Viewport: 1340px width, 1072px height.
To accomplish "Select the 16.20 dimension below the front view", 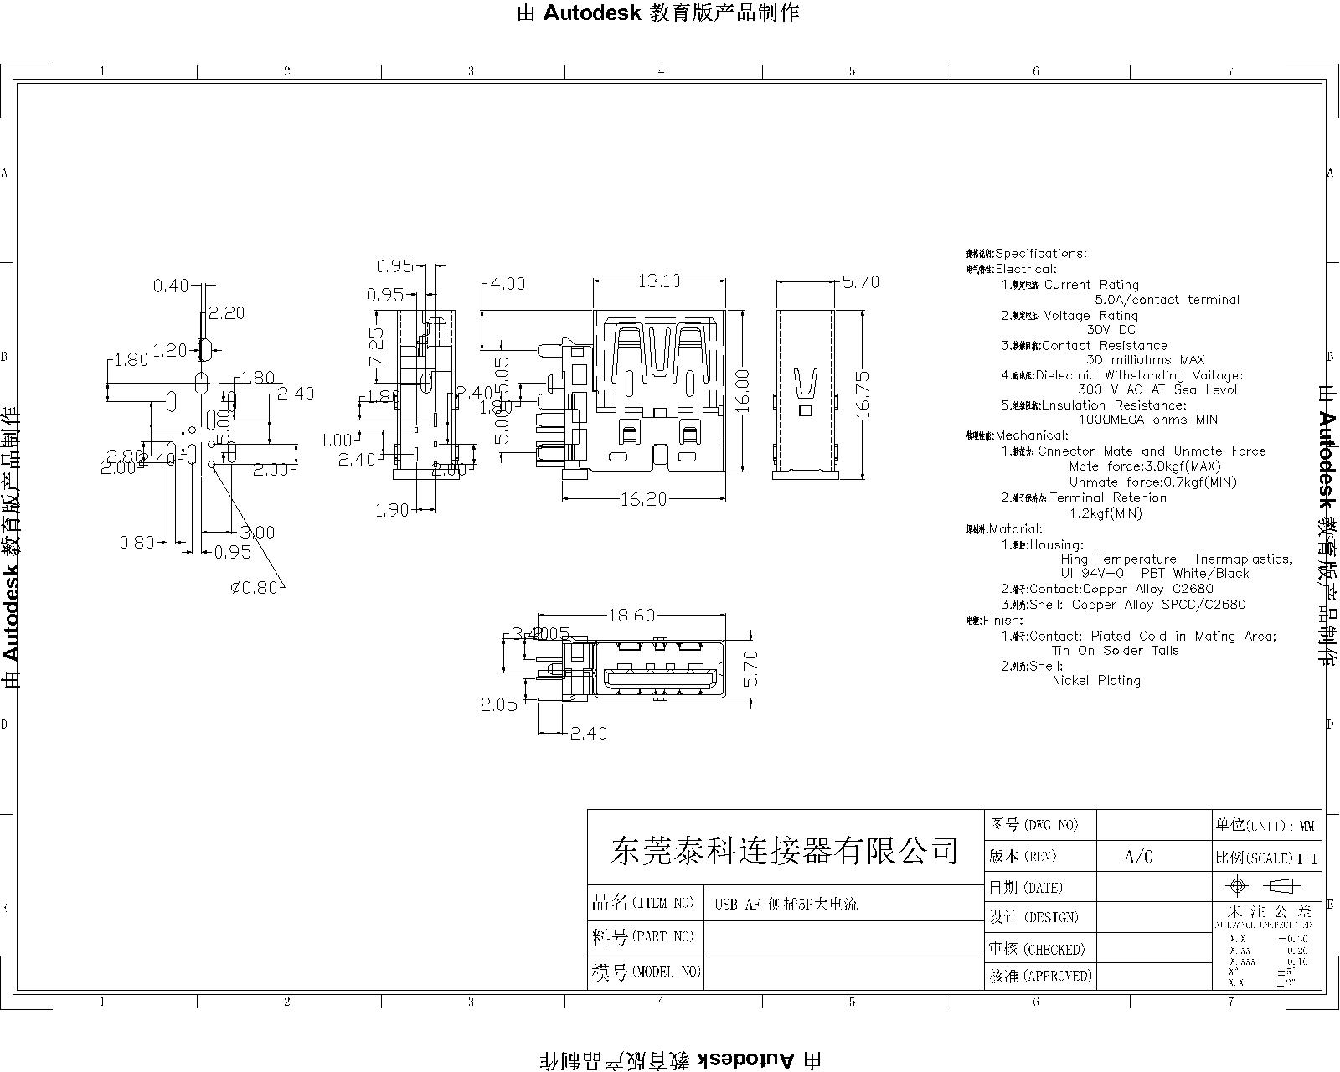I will pyautogui.click(x=643, y=499).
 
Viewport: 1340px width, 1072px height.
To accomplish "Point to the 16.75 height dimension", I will pyautogui.click(x=863, y=394).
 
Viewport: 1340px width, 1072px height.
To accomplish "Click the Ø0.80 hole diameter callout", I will pyautogui.click(x=254, y=587).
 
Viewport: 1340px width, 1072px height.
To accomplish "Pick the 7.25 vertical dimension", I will pyautogui.click(x=377, y=346).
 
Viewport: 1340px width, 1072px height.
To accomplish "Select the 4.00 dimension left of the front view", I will pyautogui.click(x=508, y=284).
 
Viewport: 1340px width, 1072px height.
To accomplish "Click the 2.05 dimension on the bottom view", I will pyautogui.click(x=498, y=704).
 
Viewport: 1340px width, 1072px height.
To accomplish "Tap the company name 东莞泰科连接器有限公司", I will pyautogui.click(x=785, y=851).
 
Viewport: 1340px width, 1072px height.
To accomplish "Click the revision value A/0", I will pyautogui.click(x=1138, y=857).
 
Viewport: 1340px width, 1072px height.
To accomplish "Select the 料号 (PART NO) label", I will pyautogui.click(x=643, y=936).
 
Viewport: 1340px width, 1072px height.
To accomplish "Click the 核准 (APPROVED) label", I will pyautogui.click(x=1040, y=976).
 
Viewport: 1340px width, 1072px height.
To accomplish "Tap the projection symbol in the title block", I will pyautogui.click(x=1265, y=886).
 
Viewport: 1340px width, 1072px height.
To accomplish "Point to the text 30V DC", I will pyautogui.click(x=1111, y=330).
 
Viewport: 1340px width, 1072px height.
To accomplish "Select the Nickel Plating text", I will pyautogui.click(x=1096, y=681).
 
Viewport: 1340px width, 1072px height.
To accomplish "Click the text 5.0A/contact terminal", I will pyautogui.click(x=1167, y=300).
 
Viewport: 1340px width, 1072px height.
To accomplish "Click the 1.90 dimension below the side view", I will pyautogui.click(x=391, y=510).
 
